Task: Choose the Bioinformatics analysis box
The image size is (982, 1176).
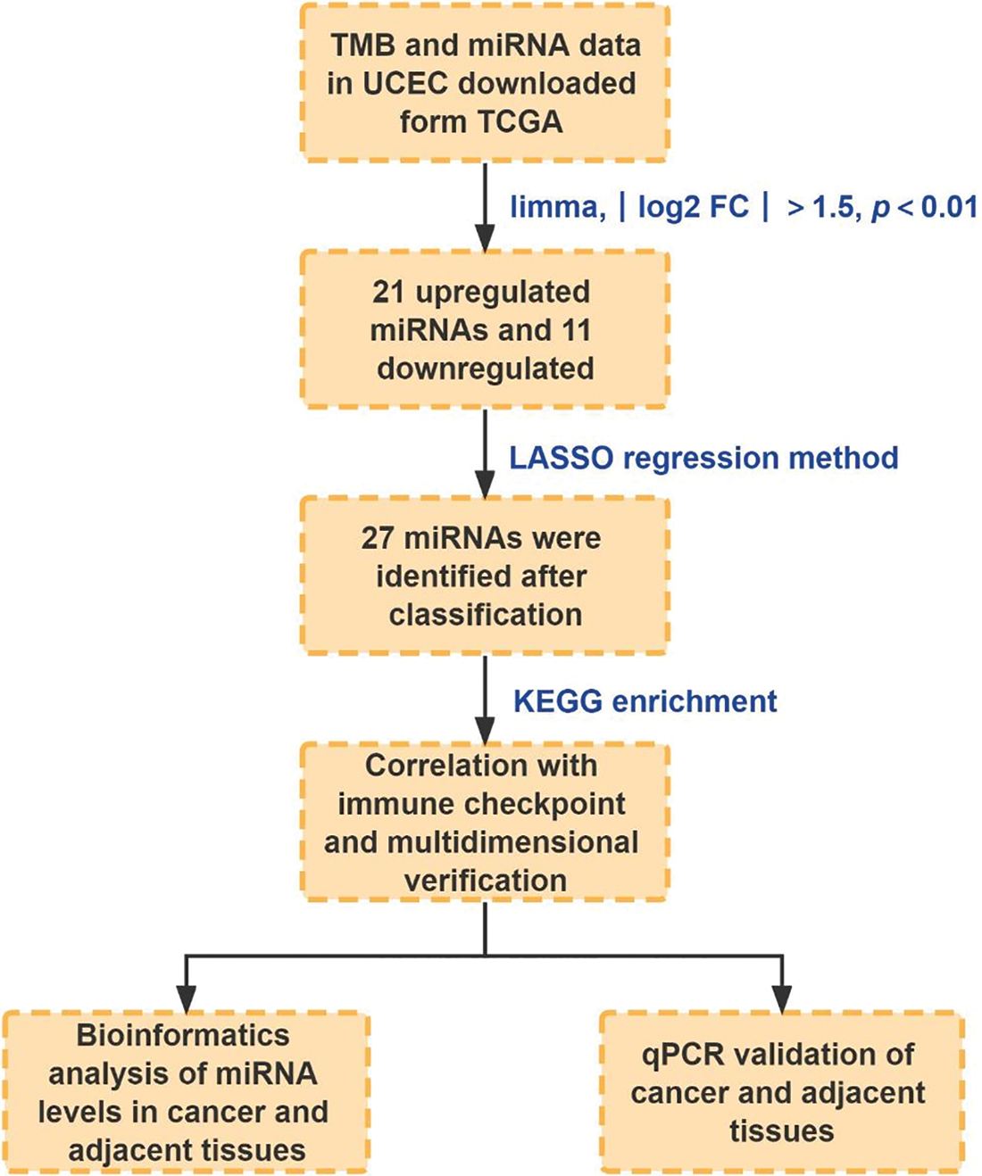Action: (x=187, y=1092)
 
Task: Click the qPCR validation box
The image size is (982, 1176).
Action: (x=781, y=1092)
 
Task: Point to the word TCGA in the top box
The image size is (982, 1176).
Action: (x=523, y=121)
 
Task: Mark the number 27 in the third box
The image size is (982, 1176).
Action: (x=379, y=538)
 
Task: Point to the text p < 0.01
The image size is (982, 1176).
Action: (x=924, y=207)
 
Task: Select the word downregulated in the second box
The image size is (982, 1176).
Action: (x=485, y=369)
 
